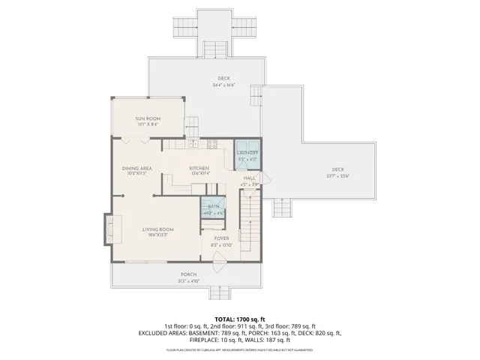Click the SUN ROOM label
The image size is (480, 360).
pyautogui.click(x=147, y=118)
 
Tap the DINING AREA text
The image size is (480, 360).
pyautogui.click(x=137, y=168)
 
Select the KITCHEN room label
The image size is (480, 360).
pyautogui.click(x=199, y=168)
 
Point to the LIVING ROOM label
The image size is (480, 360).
pyautogui.click(x=158, y=229)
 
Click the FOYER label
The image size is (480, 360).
pyautogui.click(x=221, y=238)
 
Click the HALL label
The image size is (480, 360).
pyautogui.click(x=250, y=178)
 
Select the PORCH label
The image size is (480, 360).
pyautogui.click(x=188, y=274)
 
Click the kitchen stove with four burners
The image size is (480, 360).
pyautogui.click(x=212, y=143)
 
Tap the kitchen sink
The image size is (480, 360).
pyautogui.click(x=193, y=143)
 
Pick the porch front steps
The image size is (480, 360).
pyautogui.click(x=223, y=291)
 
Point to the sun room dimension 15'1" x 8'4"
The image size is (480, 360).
pyautogui.click(x=147, y=124)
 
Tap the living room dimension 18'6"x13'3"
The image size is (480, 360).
pyautogui.click(x=158, y=235)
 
